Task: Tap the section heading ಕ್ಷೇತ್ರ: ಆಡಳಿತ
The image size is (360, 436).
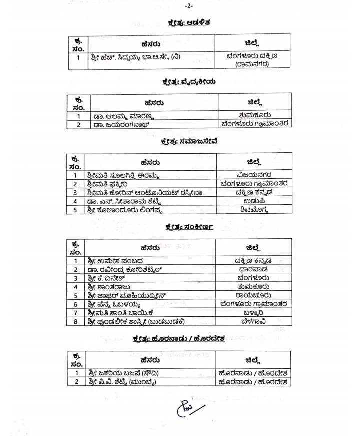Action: click(x=189, y=22)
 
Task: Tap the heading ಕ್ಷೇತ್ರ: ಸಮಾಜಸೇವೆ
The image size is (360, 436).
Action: click(x=189, y=141)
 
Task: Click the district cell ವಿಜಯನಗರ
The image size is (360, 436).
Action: click(x=255, y=175)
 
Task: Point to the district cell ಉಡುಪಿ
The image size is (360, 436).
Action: click(x=255, y=201)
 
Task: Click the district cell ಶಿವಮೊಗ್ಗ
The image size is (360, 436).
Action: click(x=255, y=209)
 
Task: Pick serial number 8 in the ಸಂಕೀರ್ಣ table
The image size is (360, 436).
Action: click(x=76, y=321)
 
